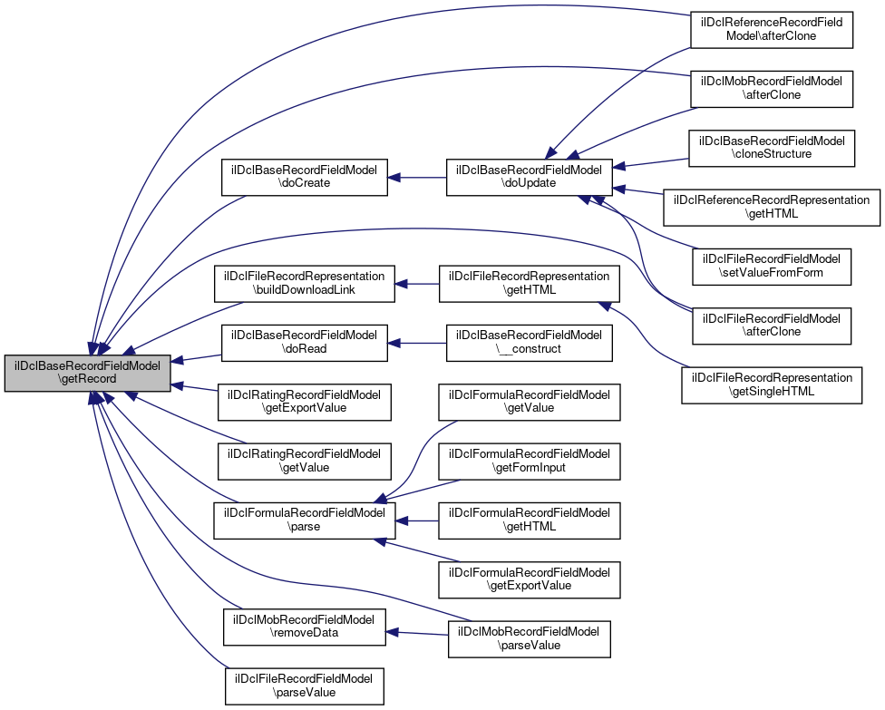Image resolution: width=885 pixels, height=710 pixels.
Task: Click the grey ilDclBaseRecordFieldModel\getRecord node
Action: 87,373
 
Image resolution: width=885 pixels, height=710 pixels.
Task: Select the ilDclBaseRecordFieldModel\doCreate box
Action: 305,178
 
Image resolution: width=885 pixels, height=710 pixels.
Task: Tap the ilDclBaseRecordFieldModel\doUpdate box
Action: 529,178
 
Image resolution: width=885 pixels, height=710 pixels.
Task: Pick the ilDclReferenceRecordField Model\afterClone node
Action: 772,30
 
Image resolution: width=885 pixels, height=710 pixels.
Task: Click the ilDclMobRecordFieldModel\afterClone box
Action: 772,89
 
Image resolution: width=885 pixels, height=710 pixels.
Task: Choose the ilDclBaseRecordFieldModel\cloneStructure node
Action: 772,148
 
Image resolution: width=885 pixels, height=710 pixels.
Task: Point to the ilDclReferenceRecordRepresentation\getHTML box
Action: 772,207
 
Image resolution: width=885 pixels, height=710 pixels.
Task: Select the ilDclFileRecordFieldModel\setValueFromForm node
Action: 772,266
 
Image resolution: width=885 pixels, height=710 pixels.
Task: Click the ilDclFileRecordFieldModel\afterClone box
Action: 772,325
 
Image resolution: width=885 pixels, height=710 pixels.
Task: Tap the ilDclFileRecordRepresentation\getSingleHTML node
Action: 772,384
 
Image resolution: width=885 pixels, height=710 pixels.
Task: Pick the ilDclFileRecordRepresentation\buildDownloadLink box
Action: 305,284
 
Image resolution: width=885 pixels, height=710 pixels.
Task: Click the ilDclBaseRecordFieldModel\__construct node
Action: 529,343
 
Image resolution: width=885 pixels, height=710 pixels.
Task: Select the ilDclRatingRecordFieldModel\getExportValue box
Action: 305,402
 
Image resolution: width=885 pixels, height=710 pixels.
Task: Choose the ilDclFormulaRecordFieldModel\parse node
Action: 305,520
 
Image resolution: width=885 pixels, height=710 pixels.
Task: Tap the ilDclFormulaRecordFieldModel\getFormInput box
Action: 529,461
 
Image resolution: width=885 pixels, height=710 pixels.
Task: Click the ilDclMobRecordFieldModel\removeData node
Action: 305,626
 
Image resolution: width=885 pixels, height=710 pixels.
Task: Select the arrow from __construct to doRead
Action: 417,343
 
